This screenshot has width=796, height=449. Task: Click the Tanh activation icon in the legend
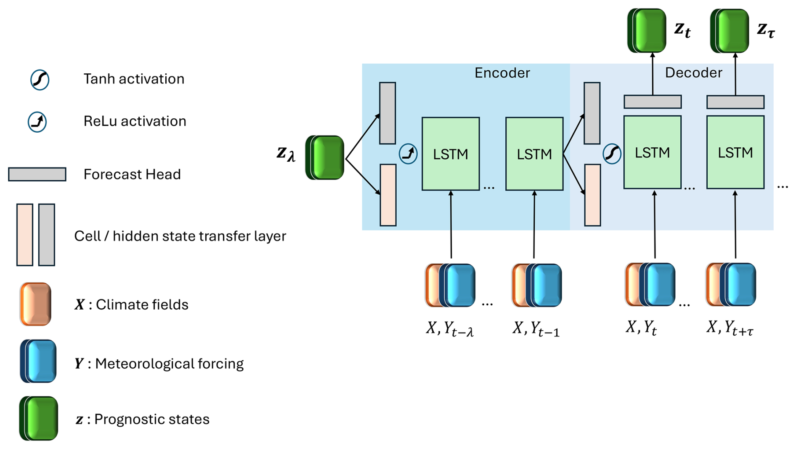click(x=40, y=80)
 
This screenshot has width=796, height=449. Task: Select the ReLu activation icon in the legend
click(x=37, y=122)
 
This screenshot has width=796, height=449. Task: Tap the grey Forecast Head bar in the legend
click(x=37, y=174)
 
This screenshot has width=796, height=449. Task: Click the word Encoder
click(x=502, y=73)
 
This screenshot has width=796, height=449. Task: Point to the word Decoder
click(x=693, y=73)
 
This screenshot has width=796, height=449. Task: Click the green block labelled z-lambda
click(x=325, y=158)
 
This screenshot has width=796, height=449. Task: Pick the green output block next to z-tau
click(x=730, y=31)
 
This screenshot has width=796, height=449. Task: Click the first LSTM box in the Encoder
click(x=451, y=154)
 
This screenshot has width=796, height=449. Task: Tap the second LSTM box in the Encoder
click(x=534, y=154)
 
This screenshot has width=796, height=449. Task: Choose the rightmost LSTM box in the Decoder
click(x=735, y=152)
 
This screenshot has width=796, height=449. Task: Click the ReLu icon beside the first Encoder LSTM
click(x=408, y=154)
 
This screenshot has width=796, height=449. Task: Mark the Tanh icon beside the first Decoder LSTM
click(x=612, y=154)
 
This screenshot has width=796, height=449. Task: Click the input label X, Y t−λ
click(x=450, y=329)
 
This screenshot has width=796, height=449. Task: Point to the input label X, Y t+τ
click(x=730, y=328)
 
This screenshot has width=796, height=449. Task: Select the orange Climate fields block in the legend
click(x=36, y=304)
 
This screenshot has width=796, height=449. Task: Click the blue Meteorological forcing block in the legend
click(x=38, y=361)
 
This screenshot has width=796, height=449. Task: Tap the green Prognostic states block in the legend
click(x=39, y=418)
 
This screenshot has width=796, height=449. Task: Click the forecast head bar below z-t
click(x=653, y=102)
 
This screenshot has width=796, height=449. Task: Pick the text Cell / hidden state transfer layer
click(x=180, y=236)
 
